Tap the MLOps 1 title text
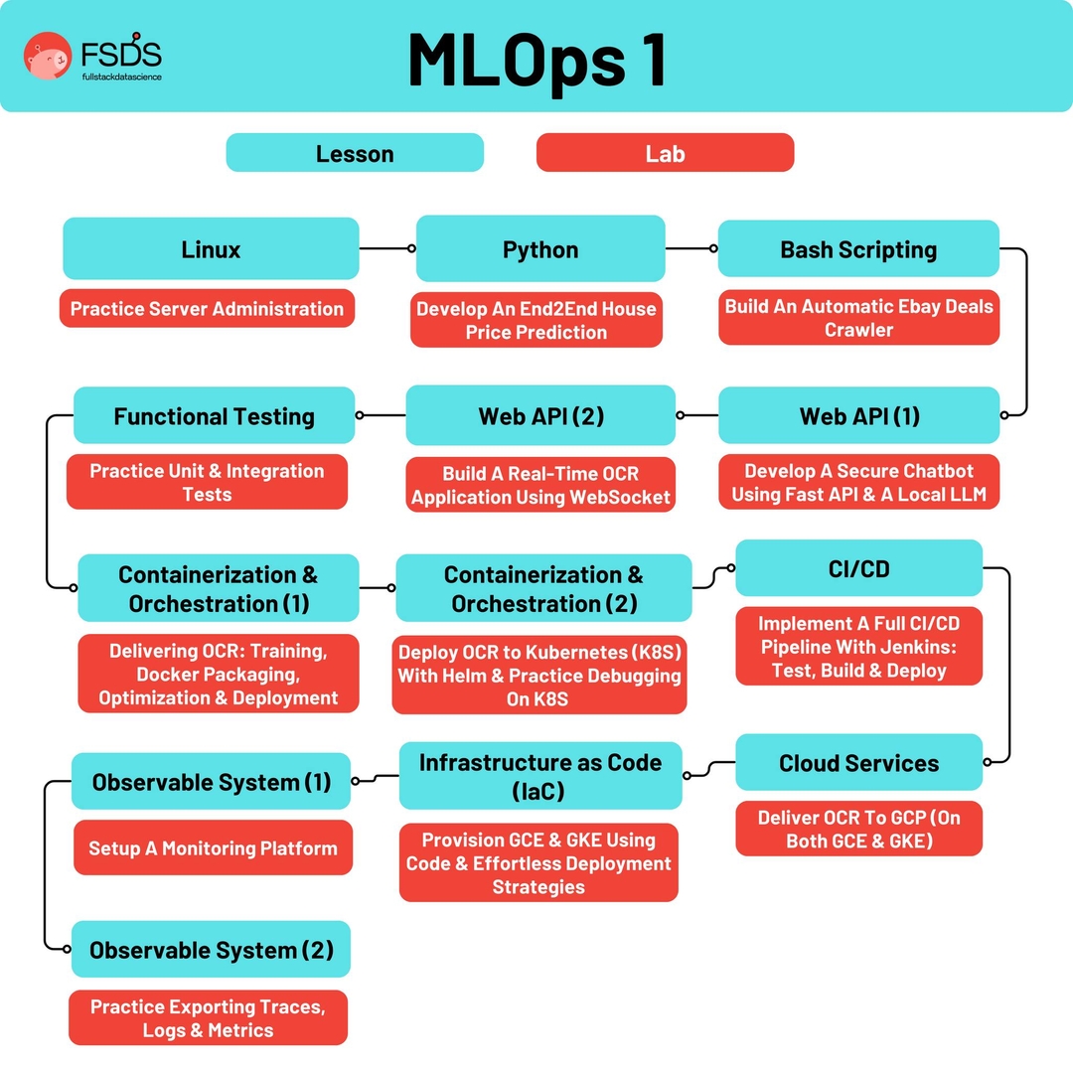pos(536,60)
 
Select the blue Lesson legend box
pos(355,153)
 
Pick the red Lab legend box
pos(665,153)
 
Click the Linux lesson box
pos(211,248)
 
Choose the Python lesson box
pos(540,248)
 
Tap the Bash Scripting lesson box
pos(858,248)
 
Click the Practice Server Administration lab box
pos(207,308)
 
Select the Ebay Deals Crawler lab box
pos(858,318)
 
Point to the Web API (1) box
pos(858,415)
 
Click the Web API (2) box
pos(540,415)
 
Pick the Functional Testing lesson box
pos(214,415)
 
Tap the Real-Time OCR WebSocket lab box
pos(540,484)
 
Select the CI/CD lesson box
pos(858,569)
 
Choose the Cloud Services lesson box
pos(858,763)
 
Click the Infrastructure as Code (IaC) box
pos(540,776)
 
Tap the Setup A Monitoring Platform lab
pos(213,847)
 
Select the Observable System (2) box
pos(211,950)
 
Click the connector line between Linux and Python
pos(387,248)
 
